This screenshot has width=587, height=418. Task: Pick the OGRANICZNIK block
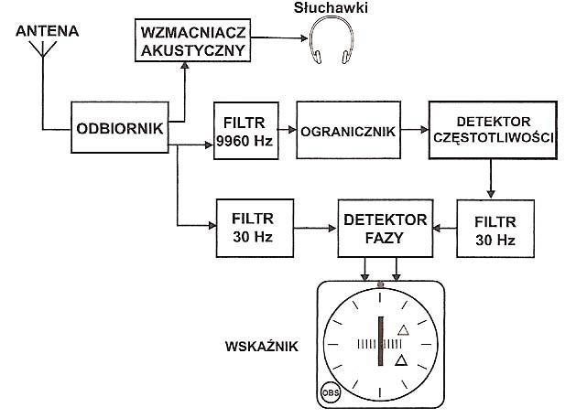coord(347,131)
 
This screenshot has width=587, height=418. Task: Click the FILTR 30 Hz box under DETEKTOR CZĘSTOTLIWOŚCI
coord(494,229)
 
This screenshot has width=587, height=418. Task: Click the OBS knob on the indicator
coord(330,393)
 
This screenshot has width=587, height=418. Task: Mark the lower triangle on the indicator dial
coord(399,362)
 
